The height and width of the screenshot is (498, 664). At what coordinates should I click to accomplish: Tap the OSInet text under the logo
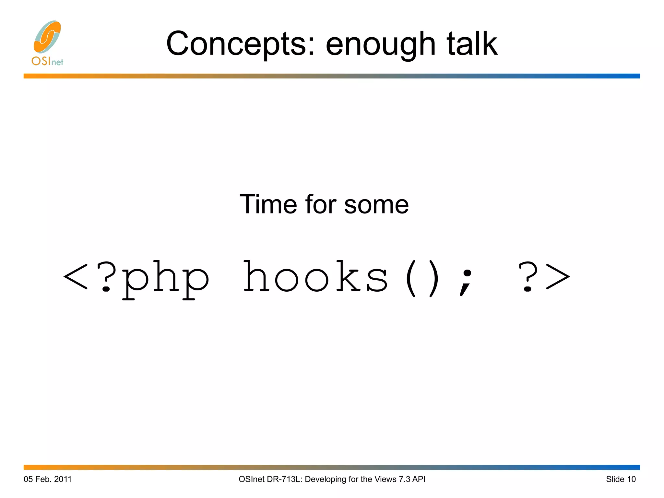tap(47, 61)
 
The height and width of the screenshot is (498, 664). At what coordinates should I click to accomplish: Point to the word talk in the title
tap(472, 43)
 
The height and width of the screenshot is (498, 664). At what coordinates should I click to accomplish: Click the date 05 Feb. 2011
tap(47, 479)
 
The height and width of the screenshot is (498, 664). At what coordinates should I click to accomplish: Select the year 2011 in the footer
tap(63, 479)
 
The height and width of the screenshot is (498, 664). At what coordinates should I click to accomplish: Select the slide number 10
tap(631, 479)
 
